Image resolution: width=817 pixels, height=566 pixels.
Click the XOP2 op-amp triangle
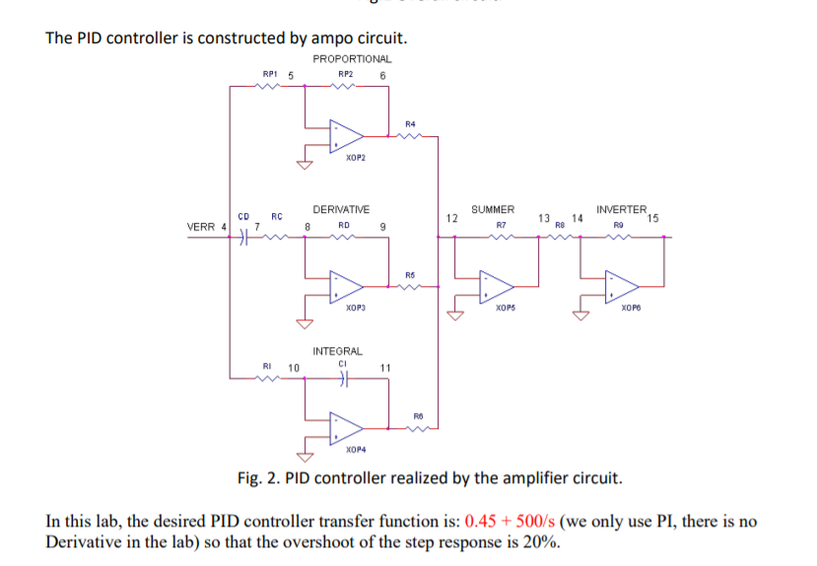(346, 133)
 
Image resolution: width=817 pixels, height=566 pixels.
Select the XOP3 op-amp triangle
(346, 286)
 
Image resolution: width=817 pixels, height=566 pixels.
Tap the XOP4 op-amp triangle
(346, 427)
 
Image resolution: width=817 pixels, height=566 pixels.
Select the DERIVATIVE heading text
(341, 210)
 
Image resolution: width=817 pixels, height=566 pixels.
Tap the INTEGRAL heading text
(337, 351)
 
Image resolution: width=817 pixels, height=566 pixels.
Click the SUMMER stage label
(492, 210)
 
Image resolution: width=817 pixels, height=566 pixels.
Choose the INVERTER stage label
(621, 210)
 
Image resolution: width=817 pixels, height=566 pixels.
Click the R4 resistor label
(410, 124)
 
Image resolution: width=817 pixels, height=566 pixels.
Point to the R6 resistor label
(418, 415)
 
